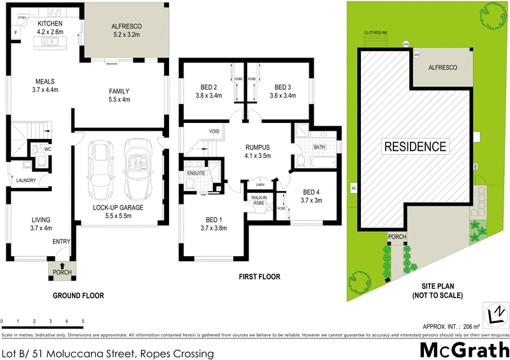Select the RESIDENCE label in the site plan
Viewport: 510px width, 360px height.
(x=414, y=147)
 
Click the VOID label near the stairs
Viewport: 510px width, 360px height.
(x=214, y=131)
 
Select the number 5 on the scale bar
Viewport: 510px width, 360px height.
(x=83, y=320)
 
